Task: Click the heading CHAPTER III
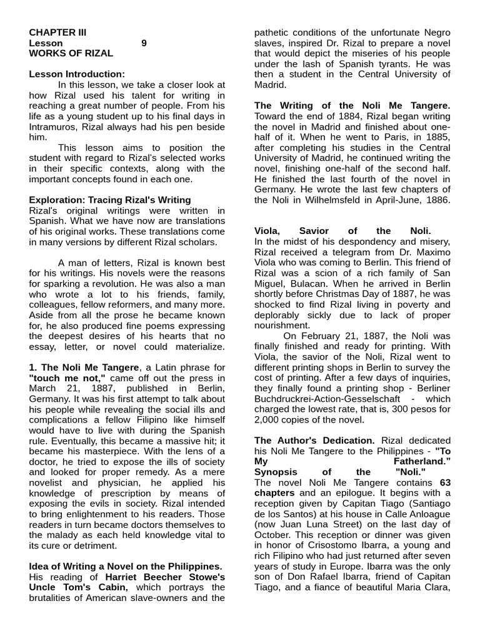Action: [x=58, y=32]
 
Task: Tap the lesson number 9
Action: [x=144, y=43]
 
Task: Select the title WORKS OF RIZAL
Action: [x=66, y=54]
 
